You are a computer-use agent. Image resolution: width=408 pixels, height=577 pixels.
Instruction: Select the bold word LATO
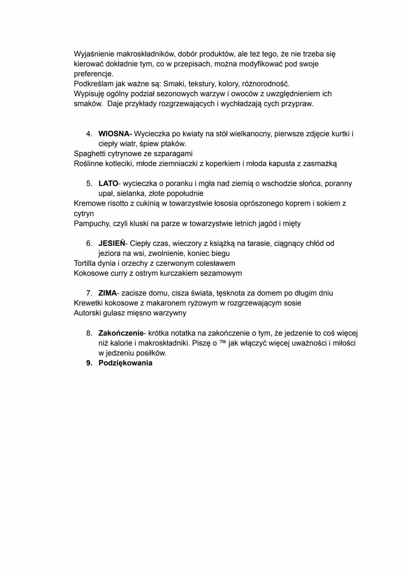coord(108,184)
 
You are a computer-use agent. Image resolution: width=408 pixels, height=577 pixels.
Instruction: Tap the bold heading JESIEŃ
coord(112,243)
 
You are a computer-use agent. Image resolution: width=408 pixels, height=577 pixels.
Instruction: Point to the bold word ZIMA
coord(107,293)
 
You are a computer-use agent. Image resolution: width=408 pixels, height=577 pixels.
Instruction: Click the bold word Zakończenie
coord(121,333)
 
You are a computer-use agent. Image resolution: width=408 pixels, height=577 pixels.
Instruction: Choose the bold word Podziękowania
coord(125,363)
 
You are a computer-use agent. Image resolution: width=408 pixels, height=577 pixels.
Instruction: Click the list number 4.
coord(89,134)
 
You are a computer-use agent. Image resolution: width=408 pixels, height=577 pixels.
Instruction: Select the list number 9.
coord(89,363)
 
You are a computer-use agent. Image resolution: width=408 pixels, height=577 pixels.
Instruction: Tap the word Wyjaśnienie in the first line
coord(93,54)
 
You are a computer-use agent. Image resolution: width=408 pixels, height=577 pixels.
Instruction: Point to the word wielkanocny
coord(250,134)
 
